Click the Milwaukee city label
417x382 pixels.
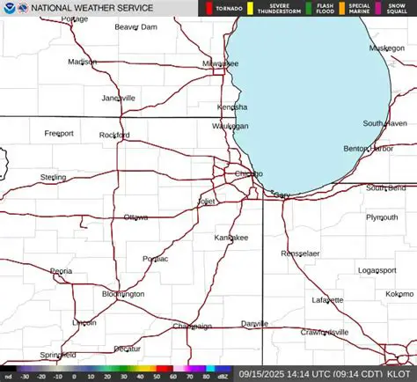(220, 63)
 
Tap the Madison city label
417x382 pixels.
(82, 62)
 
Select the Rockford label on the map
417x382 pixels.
(113, 135)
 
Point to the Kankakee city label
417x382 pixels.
(231, 238)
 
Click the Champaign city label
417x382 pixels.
(192, 326)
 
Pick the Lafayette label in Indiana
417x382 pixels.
(328, 300)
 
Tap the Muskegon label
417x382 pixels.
(386, 48)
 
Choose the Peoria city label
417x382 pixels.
(61, 271)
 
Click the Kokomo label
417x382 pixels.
(399, 293)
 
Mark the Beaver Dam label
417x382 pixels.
(135, 26)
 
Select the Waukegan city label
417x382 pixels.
(230, 126)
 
